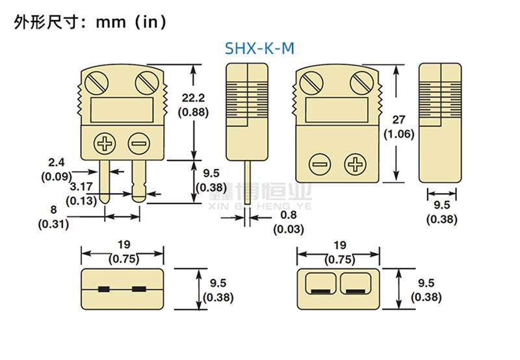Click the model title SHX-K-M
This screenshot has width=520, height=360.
(259, 48)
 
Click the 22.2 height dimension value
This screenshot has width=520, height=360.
(193, 98)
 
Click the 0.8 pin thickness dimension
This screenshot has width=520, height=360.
(287, 215)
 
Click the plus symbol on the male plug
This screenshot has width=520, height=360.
(104, 142)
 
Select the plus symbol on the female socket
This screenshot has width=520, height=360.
(355, 164)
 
